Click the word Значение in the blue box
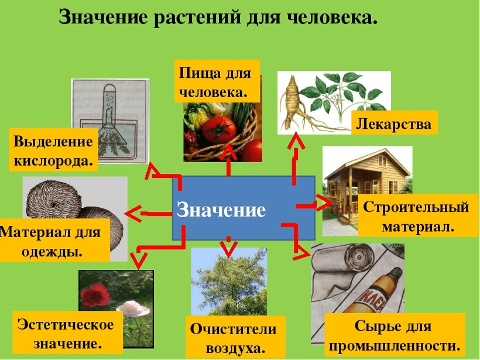point(221,209)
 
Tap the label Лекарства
point(394,124)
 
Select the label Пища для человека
point(215,82)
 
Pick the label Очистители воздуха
point(233,338)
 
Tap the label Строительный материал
point(417,217)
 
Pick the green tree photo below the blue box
point(228,281)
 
